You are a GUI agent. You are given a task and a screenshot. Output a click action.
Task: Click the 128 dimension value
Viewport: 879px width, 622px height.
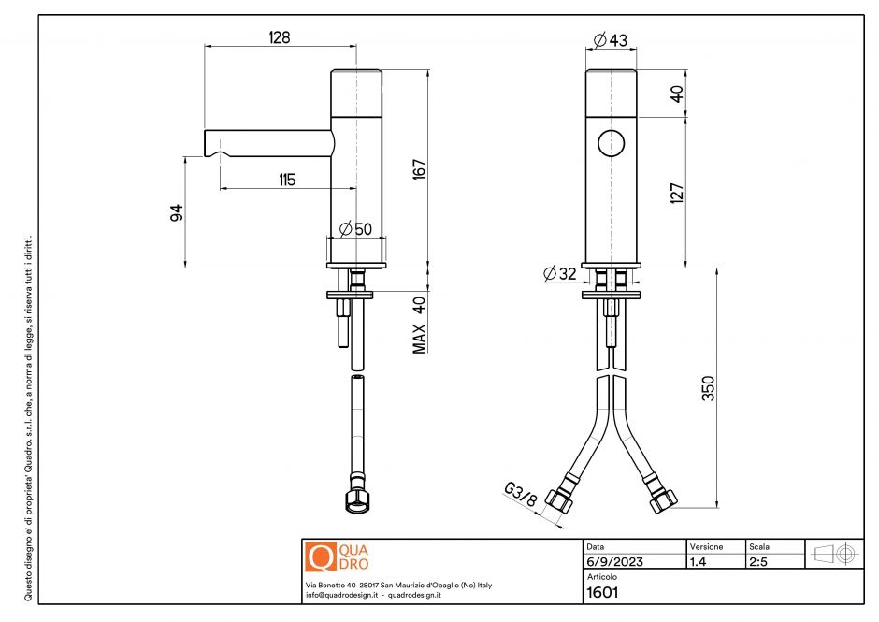click(x=279, y=37)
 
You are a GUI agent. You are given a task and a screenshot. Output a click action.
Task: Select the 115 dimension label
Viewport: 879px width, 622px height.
click(x=287, y=180)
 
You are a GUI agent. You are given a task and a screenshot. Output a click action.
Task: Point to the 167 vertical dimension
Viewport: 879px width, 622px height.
click(x=420, y=169)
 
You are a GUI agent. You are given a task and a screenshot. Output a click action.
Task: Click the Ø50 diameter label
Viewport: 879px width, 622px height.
click(x=355, y=228)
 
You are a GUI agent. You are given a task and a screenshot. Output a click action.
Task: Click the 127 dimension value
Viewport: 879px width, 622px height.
click(x=678, y=193)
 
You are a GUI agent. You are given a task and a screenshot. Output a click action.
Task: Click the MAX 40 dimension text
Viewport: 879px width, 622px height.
click(x=420, y=325)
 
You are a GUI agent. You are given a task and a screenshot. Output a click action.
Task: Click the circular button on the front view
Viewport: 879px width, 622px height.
click(x=611, y=144)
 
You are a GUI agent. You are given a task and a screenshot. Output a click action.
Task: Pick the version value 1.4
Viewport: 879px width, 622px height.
click(x=698, y=562)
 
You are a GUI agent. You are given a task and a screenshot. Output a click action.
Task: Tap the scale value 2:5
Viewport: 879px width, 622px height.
click(x=757, y=562)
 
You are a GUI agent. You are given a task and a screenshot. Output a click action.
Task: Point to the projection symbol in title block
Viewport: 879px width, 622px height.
click(x=835, y=554)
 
